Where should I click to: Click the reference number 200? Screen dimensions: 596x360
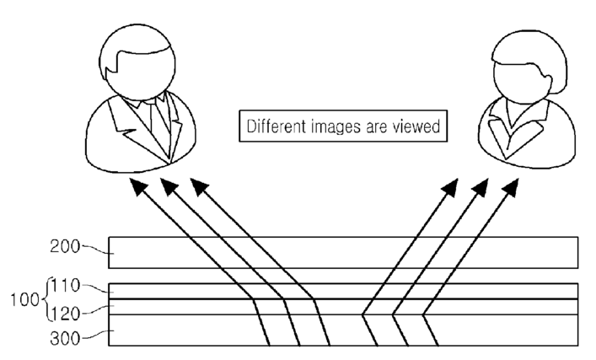click(x=65, y=247)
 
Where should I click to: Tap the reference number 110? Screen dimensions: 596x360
click(x=66, y=286)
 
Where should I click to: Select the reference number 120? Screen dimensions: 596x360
click(x=66, y=314)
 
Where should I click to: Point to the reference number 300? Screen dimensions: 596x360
click(x=65, y=338)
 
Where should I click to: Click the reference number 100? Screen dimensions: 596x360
click(x=24, y=299)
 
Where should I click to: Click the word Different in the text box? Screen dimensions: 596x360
click(x=277, y=126)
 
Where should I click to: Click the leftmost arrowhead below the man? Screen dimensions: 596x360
click(x=138, y=186)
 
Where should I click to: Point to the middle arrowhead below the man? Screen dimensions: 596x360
click(x=169, y=186)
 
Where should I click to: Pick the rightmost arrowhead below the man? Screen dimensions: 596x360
click(x=199, y=186)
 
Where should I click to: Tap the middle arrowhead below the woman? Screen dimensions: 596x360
click(x=481, y=187)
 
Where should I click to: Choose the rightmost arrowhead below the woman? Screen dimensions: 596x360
click(x=511, y=187)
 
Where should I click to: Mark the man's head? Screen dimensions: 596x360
click(x=137, y=62)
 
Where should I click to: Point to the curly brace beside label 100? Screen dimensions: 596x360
click(x=46, y=299)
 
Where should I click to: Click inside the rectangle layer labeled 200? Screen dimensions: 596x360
click(x=343, y=253)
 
